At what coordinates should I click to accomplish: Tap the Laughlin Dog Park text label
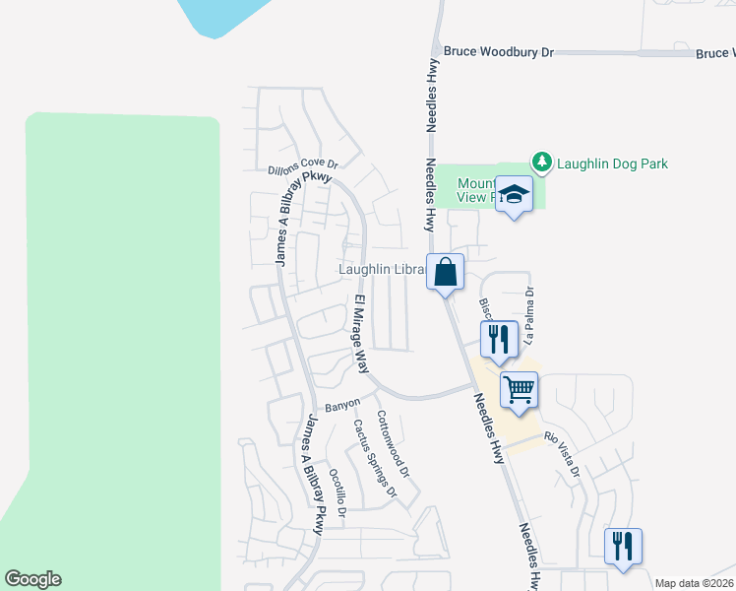coord(612,163)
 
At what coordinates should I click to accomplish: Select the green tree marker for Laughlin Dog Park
coord(540,161)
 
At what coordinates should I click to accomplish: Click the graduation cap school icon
coord(514,193)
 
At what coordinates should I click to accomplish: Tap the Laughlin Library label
coord(380,269)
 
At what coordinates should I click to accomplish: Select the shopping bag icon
coord(445,271)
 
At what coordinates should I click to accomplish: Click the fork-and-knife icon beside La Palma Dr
coord(498,340)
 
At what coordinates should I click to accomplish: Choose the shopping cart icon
coord(519,390)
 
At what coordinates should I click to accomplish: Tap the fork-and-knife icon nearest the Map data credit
coord(623,546)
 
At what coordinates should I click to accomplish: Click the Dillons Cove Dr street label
coord(303,168)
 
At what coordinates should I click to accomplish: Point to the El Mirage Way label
coord(360,332)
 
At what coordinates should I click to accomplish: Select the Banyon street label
coord(343,404)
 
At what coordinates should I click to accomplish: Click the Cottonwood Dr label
coord(393,445)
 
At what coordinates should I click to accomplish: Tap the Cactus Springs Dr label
coord(375,457)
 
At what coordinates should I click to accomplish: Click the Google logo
coord(32,579)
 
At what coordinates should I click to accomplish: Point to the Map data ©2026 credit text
coord(695,583)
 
